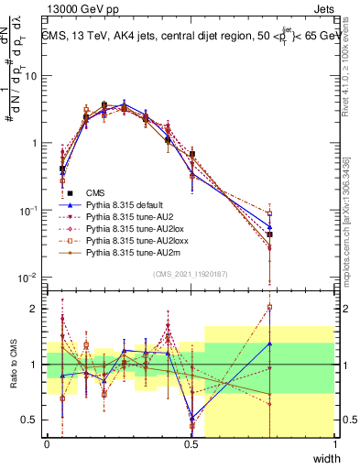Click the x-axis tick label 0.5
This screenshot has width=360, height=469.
(191, 444)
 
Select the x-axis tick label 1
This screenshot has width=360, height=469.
(335, 444)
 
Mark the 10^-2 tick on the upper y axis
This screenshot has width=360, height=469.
(32, 278)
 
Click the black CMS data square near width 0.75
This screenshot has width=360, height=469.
(269, 234)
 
